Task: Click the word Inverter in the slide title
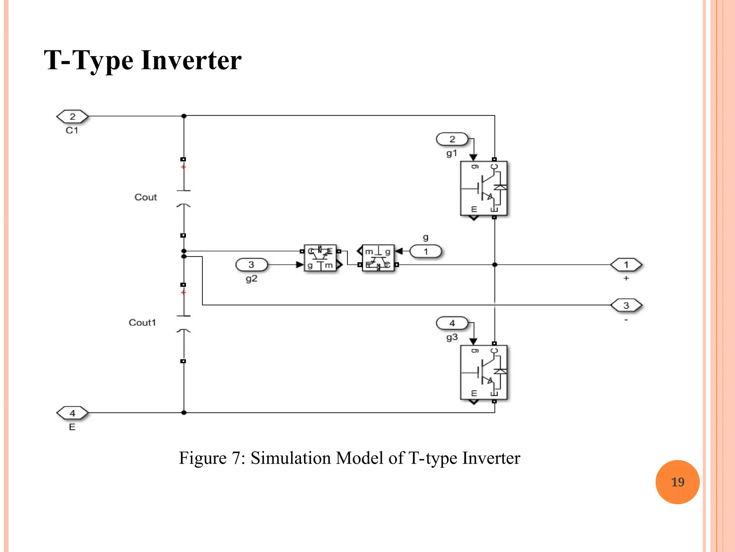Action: click(x=191, y=60)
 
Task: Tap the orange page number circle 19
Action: click(x=677, y=482)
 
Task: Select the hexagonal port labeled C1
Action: click(x=72, y=116)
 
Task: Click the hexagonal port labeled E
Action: click(x=72, y=413)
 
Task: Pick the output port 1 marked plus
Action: click(x=626, y=265)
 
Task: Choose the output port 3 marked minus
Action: click(x=626, y=305)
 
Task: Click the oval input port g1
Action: click(x=452, y=139)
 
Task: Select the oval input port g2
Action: click(x=251, y=265)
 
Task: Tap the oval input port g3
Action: click(x=452, y=323)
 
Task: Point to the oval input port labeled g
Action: click(x=426, y=251)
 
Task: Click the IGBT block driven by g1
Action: click(x=483, y=188)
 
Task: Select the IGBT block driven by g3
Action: click(x=483, y=372)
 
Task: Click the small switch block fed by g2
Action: click(x=320, y=258)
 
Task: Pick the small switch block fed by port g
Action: click(x=378, y=258)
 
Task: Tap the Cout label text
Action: click(x=146, y=197)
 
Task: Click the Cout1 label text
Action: click(x=142, y=323)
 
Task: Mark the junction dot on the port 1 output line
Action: click(x=495, y=265)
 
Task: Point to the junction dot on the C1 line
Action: click(x=184, y=116)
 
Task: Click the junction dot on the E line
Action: click(x=184, y=413)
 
